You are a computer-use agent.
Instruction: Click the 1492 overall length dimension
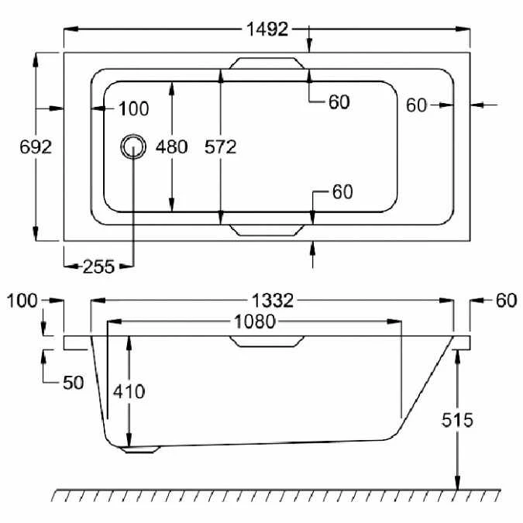[267, 29]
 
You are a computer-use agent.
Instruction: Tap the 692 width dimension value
[36, 146]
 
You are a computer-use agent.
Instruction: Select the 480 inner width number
[171, 146]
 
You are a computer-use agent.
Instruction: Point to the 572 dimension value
[221, 146]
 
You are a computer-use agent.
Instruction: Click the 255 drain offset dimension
[98, 267]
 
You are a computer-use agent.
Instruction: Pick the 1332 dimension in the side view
[273, 300]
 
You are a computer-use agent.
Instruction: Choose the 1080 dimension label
[254, 322]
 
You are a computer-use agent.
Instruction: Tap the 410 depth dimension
[129, 391]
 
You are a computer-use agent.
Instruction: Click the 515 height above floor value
[457, 420]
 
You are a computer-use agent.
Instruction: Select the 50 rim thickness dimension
[74, 383]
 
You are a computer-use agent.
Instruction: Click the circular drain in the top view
[133, 146]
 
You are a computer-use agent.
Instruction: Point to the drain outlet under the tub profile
[140, 449]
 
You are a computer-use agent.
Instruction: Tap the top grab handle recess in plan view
[267, 64]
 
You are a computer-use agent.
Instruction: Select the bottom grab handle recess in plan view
[267, 230]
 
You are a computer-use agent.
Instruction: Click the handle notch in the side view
[267, 342]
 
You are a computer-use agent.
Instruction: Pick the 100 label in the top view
[134, 108]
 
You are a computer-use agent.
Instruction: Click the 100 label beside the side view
[22, 301]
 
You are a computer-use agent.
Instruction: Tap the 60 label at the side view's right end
[506, 300]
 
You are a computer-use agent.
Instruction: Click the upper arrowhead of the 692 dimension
[36, 60]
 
